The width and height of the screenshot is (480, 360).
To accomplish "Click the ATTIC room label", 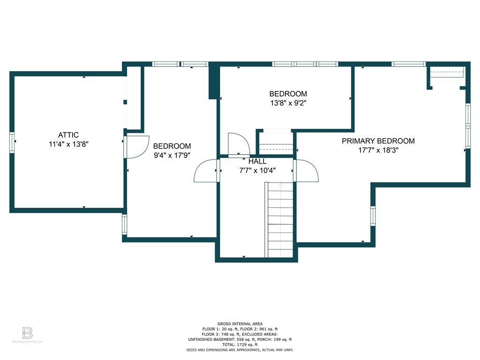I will point(68,135).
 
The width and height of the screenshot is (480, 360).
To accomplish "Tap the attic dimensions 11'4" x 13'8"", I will point(68,144).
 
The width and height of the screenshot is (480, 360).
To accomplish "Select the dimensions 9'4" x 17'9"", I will point(172,155).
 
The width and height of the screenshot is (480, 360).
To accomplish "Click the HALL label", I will point(257,161).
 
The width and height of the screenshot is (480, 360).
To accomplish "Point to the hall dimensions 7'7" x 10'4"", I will point(257,170).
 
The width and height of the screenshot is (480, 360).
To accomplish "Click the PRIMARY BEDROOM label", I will point(378,141).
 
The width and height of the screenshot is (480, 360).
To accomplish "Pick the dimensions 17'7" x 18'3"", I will point(378,150).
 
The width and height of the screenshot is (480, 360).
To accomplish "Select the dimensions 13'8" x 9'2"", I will point(288,102).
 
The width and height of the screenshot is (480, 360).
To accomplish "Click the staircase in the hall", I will point(280,220).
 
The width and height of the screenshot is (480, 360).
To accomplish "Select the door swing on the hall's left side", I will point(206,171).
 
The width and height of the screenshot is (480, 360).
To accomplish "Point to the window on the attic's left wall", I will point(13,142).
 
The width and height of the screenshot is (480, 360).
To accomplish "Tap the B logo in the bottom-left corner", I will point(28,333).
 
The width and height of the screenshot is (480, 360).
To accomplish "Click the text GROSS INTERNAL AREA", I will point(240,323).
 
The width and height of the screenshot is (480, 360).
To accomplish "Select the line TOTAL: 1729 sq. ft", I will point(240,344).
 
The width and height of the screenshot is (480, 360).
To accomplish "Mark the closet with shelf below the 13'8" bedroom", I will point(276,142).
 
